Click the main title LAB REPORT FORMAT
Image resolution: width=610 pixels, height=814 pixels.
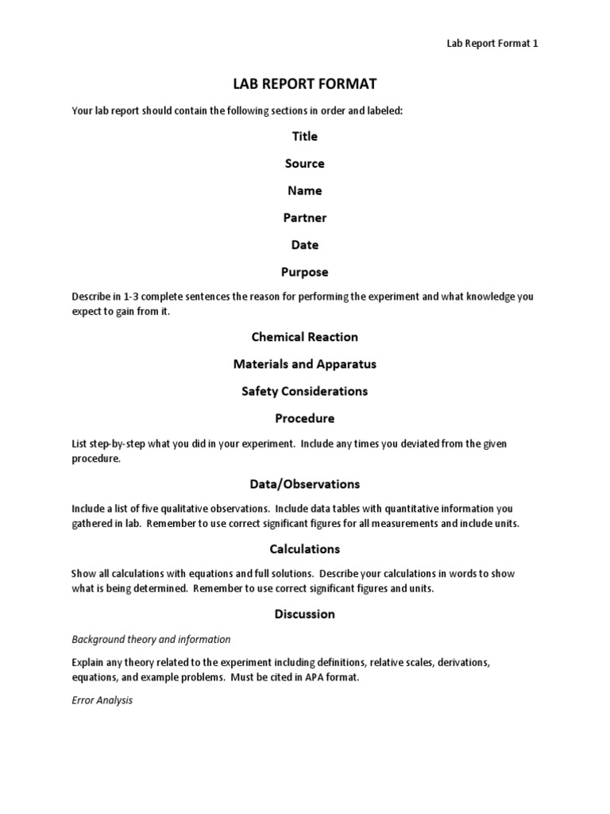(x=304, y=84)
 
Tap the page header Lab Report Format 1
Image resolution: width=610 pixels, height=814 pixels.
(x=492, y=44)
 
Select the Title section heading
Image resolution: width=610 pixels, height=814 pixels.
(x=304, y=137)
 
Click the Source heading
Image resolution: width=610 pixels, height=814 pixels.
(x=304, y=164)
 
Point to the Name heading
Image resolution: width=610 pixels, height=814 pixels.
(x=304, y=191)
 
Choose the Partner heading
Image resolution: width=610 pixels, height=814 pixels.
(x=304, y=218)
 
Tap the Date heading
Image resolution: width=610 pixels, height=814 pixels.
(x=304, y=245)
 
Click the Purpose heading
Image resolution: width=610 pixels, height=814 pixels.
(x=304, y=272)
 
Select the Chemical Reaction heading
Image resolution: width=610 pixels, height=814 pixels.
(x=304, y=337)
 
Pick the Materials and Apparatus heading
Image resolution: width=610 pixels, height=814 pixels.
(x=304, y=364)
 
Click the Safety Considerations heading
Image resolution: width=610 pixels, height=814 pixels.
(x=304, y=391)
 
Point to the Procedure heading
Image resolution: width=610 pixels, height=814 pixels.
(x=304, y=418)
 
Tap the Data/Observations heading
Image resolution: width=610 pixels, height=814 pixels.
(x=304, y=483)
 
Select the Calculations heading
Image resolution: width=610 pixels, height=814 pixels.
(x=304, y=548)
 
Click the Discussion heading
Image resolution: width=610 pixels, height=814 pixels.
(x=304, y=614)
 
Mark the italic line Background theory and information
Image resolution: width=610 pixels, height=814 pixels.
(x=151, y=639)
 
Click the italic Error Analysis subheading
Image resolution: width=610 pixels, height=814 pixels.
(x=102, y=700)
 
